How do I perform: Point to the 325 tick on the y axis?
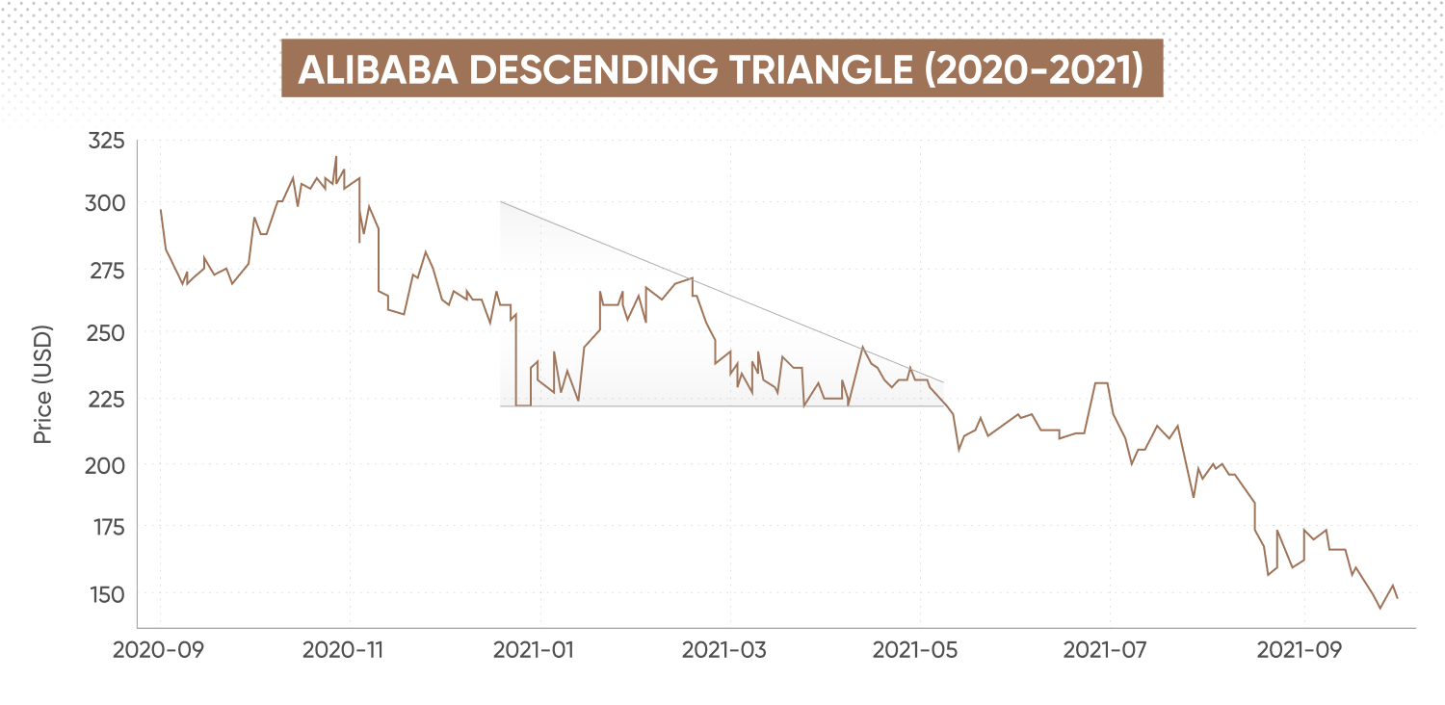pyautogui.click(x=106, y=142)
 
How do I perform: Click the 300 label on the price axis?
pyautogui.click(x=106, y=204)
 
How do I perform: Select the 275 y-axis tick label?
pyautogui.click(x=106, y=271)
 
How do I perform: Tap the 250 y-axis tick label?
pyautogui.click(x=106, y=333)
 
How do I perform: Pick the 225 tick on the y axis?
pyautogui.click(x=106, y=399)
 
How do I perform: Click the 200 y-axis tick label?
pyautogui.click(x=106, y=465)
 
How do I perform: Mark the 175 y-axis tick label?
pyautogui.click(x=106, y=528)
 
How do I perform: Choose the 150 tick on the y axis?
pyautogui.click(x=106, y=594)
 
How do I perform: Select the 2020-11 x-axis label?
pyautogui.click(x=349, y=650)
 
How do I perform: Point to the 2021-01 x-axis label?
pyautogui.click(x=539, y=650)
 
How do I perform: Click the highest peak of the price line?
pyautogui.click(x=335, y=157)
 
